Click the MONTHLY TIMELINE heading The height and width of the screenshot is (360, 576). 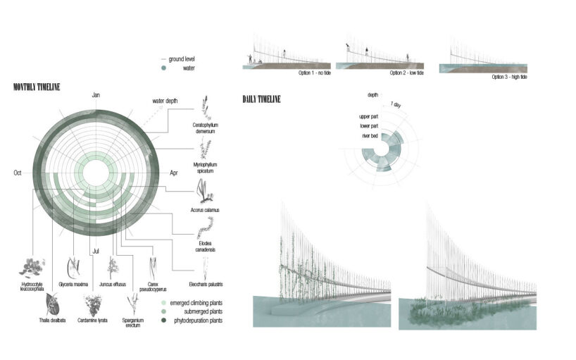[x=37, y=87]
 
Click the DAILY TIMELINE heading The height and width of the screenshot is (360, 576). [x=261, y=99]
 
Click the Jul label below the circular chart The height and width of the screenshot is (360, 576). [x=96, y=250]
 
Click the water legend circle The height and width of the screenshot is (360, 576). [x=164, y=68]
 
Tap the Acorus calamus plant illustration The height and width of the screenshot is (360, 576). [x=206, y=188]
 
